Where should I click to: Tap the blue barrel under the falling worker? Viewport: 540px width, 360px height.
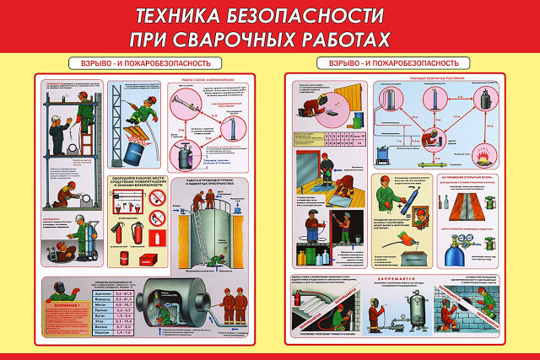[132, 152]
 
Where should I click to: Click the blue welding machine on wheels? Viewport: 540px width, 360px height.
[384, 154]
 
